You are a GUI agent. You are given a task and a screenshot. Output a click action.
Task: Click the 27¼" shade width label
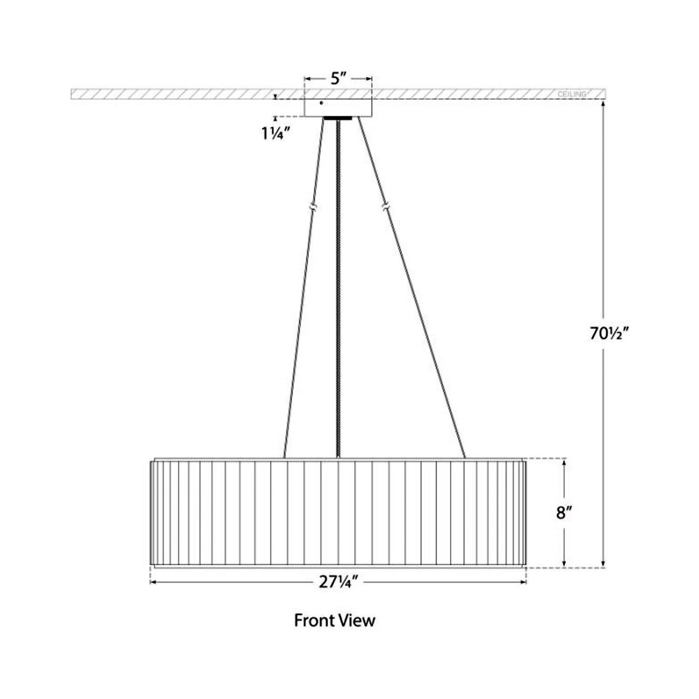coord(338,582)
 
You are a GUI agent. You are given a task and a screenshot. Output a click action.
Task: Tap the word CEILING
coord(572,95)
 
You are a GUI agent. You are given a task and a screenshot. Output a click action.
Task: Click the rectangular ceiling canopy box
coord(338,107)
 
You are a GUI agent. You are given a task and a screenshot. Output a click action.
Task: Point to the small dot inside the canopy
coord(321,103)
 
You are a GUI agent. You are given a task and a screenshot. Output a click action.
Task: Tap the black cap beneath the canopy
coord(338,118)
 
